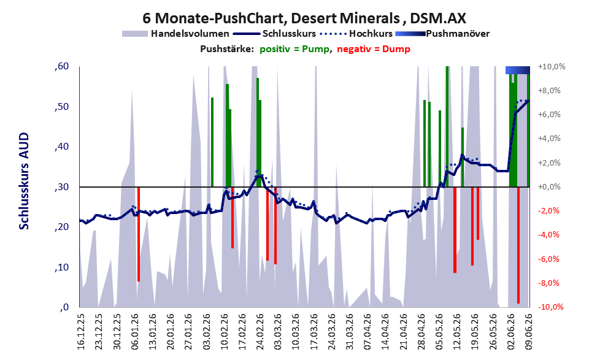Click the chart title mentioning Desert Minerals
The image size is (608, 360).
click(304, 18)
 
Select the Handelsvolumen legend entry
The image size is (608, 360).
click(175, 34)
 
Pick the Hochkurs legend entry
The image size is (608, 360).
click(356, 34)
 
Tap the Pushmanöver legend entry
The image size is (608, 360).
click(442, 34)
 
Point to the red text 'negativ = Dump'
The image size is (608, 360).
click(374, 49)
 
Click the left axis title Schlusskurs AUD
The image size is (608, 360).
click(24, 181)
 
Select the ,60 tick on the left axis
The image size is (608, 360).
click(61, 66)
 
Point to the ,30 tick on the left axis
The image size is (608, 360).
click(61, 187)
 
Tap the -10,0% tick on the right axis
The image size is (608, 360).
click(550, 307)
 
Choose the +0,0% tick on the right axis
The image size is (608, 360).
click(549, 187)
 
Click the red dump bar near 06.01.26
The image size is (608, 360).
click(139, 234)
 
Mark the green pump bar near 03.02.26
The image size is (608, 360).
click(212, 142)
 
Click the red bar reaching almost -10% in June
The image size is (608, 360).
click(518, 245)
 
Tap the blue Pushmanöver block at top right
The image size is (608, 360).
click(518, 70)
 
